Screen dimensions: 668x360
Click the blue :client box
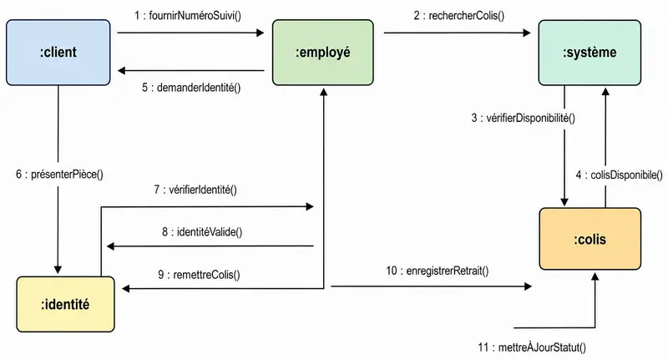click(58, 53)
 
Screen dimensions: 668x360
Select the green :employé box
click(323, 53)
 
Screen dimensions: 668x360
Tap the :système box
click(590, 53)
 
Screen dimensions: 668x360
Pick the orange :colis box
click(590, 239)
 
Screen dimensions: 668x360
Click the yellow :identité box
click(66, 304)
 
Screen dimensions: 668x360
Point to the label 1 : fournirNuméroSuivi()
click(188, 16)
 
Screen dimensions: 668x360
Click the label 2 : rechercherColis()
click(458, 16)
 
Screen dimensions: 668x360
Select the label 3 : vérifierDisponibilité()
click(524, 118)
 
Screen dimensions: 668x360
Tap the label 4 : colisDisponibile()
click(620, 175)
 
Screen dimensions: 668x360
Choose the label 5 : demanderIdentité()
click(191, 88)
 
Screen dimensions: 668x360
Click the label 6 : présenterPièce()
click(59, 174)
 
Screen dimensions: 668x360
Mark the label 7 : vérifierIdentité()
click(195, 189)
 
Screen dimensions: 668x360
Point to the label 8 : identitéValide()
click(202, 231)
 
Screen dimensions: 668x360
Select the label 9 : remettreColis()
click(199, 274)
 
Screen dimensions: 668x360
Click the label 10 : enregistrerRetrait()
click(438, 271)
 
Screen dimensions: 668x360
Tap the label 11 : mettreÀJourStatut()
click(532, 347)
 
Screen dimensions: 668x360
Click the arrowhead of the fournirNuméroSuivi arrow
click(261, 33)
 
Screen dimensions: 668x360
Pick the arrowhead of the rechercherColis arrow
click(527, 33)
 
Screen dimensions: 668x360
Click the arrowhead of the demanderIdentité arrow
click(121, 70)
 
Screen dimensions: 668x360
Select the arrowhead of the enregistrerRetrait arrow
click(528, 286)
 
